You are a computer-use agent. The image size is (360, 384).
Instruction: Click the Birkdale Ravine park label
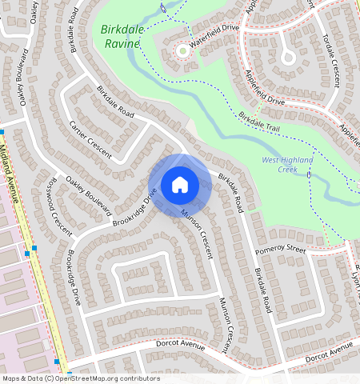(122, 37)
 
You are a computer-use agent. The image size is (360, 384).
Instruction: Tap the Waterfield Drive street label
(215, 28)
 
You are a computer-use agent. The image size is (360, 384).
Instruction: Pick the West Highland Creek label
(286, 165)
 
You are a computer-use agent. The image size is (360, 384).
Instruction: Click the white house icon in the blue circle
(180, 185)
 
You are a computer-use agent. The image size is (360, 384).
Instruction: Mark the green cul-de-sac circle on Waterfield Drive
(183, 51)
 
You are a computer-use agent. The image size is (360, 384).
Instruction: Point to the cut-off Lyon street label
(355, 280)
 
